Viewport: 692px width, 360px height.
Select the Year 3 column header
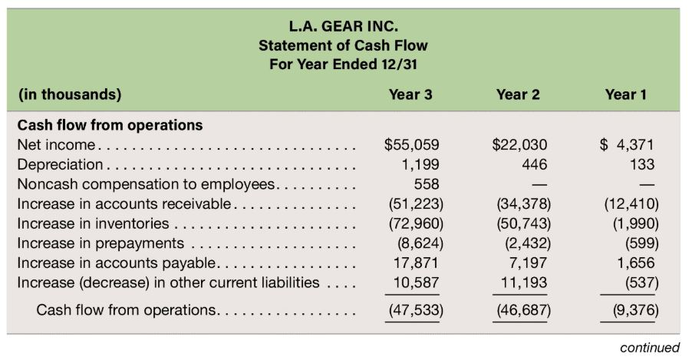click(410, 95)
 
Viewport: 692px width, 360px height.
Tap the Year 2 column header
click(518, 95)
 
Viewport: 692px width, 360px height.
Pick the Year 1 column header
click(625, 95)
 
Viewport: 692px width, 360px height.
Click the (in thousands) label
click(69, 95)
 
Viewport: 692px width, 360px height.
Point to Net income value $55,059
click(411, 144)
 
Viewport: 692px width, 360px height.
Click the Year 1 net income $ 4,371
click(628, 144)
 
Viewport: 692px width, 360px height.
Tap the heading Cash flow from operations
click(110, 124)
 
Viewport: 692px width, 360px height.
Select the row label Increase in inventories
click(93, 223)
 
